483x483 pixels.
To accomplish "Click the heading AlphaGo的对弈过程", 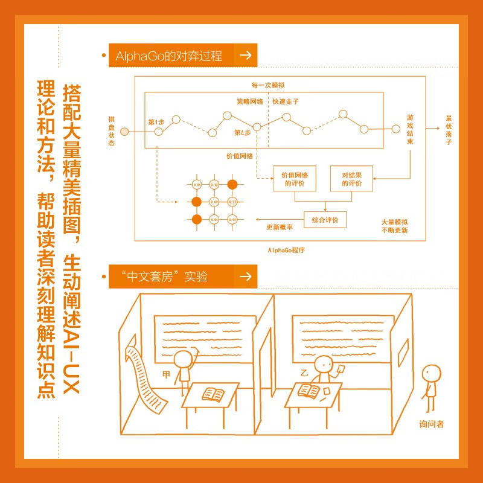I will (x=166, y=56).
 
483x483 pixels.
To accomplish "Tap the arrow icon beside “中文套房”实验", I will (x=245, y=277).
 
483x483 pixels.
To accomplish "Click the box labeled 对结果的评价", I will (x=351, y=179).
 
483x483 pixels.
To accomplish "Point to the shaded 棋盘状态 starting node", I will (x=124, y=131).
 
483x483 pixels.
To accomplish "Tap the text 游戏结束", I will (x=410, y=129).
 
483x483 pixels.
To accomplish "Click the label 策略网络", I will (x=249, y=101).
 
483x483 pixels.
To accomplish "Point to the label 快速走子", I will (x=285, y=101).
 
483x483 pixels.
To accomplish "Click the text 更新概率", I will (x=280, y=227).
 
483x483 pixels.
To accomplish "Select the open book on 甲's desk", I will (x=213, y=394).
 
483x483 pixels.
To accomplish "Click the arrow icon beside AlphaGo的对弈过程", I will (x=245, y=56).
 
